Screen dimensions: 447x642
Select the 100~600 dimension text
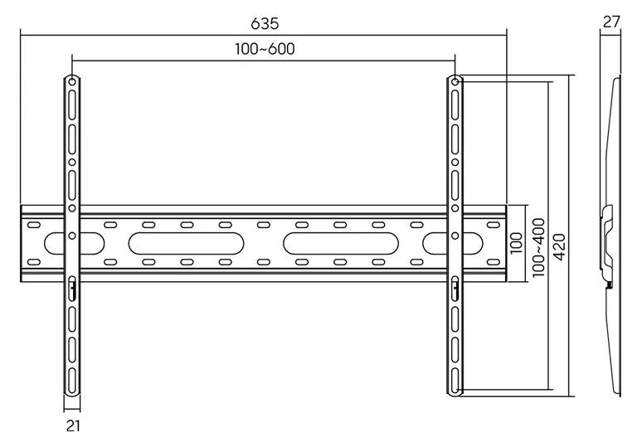265,49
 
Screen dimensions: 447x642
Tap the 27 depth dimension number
611,22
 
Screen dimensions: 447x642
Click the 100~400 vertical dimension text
538,247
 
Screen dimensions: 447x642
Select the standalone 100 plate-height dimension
517,242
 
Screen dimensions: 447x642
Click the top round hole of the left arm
71,83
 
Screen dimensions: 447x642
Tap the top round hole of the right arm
455,83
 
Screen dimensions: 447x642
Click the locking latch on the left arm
72,289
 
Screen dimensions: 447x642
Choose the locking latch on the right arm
455,289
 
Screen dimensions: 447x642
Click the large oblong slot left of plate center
186,244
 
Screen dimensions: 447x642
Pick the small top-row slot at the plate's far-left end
33,225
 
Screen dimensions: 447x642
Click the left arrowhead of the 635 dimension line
23,35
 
